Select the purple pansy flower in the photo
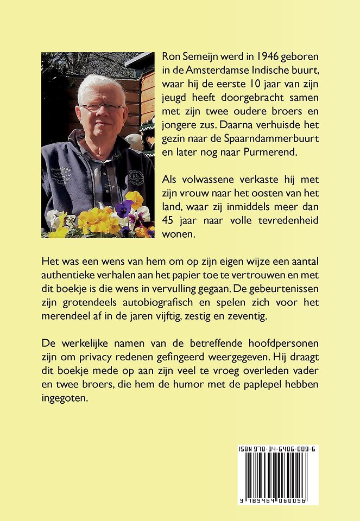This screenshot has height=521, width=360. click(x=125, y=207)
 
